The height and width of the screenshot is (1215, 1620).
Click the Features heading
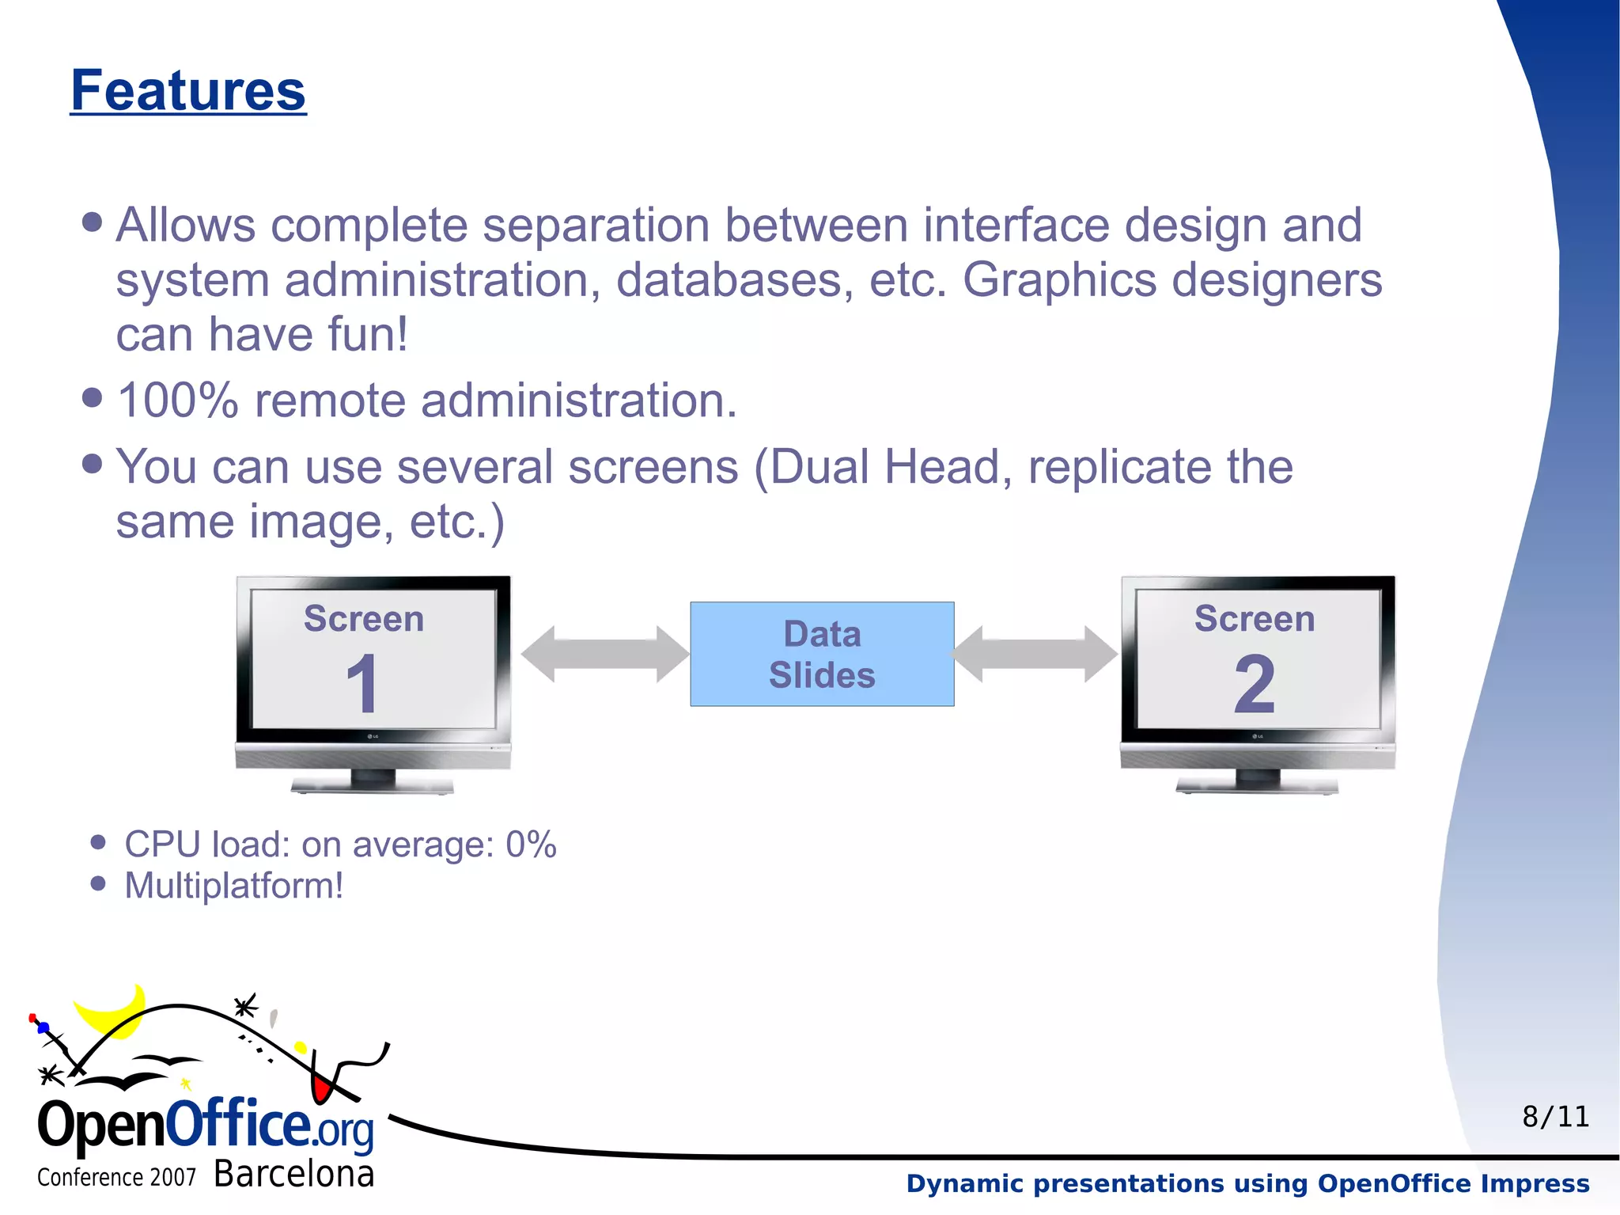pyautogui.click(x=188, y=91)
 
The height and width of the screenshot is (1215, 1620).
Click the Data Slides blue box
pyautogui.click(x=822, y=654)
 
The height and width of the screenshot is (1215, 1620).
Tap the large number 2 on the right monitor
pyautogui.click(x=1255, y=685)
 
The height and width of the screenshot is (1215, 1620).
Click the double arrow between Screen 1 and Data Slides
pyautogui.click(x=605, y=654)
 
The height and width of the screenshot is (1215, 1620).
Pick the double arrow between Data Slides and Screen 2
pyautogui.click(x=1034, y=654)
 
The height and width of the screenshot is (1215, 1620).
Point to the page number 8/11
pyautogui.click(x=1555, y=1117)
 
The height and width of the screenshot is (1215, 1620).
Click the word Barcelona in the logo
pyautogui.click(x=293, y=1174)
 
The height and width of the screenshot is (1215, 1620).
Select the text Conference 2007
pyautogui.click(x=116, y=1178)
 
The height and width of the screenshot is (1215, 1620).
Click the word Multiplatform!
pyautogui.click(x=234, y=886)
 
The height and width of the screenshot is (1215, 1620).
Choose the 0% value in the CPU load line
pyautogui.click(x=531, y=845)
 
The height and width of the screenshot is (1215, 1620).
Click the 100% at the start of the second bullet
pyautogui.click(x=177, y=401)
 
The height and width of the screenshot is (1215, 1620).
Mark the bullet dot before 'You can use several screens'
pyautogui.click(x=93, y=464)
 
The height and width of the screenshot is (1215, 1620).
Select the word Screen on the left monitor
pyautogui.click(x=364, y=619)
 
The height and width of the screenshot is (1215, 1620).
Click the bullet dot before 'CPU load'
pyautogui.click(x=98, y=842)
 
